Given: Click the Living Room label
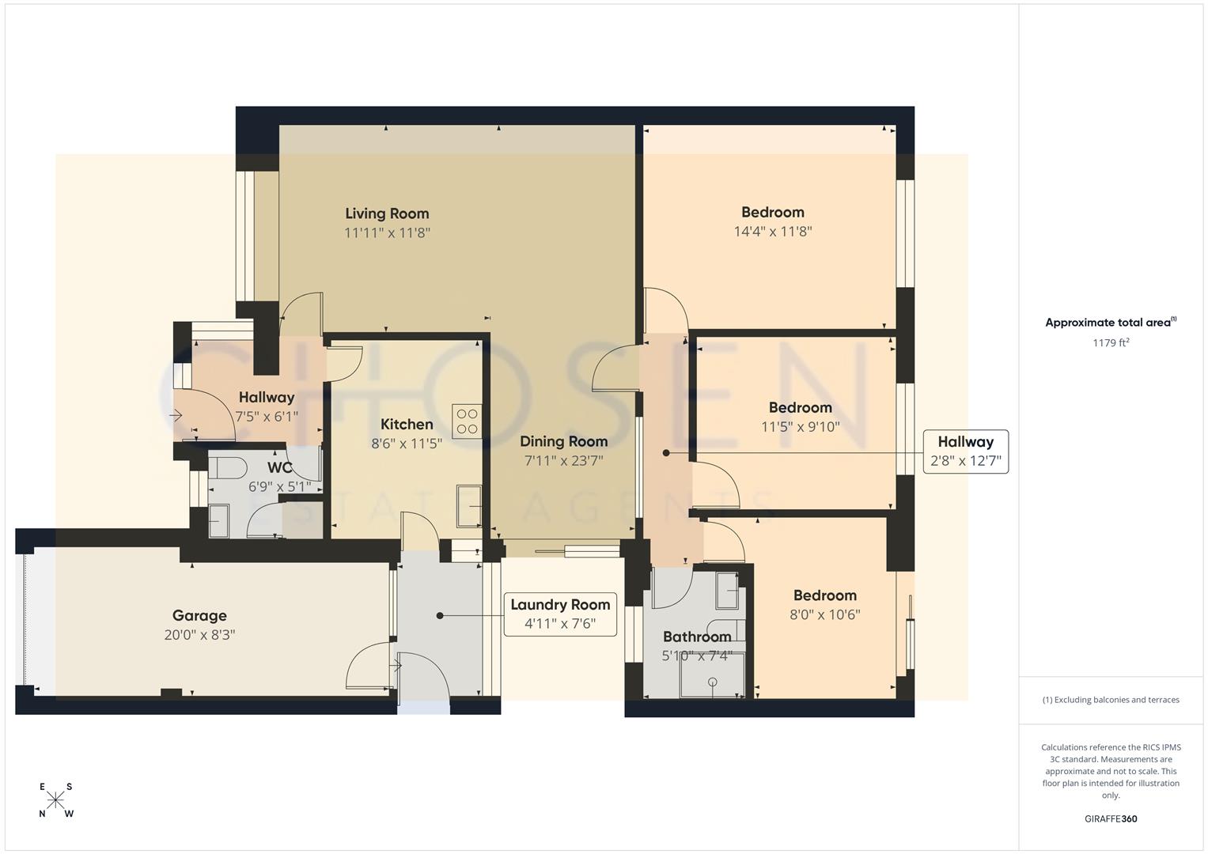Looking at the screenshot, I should click(387, 213).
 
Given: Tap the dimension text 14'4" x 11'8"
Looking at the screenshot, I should click(773, 232).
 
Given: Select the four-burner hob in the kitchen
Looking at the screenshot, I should click(467, 421).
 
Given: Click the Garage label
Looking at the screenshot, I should click(199, 615).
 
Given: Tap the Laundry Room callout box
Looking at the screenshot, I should click(560, 614).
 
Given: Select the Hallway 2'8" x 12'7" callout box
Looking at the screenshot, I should click(965, 452).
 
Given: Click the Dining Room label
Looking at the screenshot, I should click(563, 441).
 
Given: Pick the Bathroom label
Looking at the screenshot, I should click(696, 637).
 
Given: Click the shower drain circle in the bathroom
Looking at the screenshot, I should click(713, 682).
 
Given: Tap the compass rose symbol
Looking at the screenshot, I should click(55, 800).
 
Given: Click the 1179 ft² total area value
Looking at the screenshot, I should click(1110, 342).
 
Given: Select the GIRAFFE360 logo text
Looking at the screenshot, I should click(1110, 818).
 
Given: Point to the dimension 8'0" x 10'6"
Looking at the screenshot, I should click(824, 614).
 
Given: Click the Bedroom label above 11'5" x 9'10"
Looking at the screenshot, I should click(800, 407).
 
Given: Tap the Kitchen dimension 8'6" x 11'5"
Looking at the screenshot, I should click(407, 444).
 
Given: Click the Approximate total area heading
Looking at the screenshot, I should click(1110, 322).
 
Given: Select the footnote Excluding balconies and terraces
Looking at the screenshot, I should click(1110, 700).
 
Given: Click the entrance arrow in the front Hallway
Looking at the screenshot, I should click(176, 415).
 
